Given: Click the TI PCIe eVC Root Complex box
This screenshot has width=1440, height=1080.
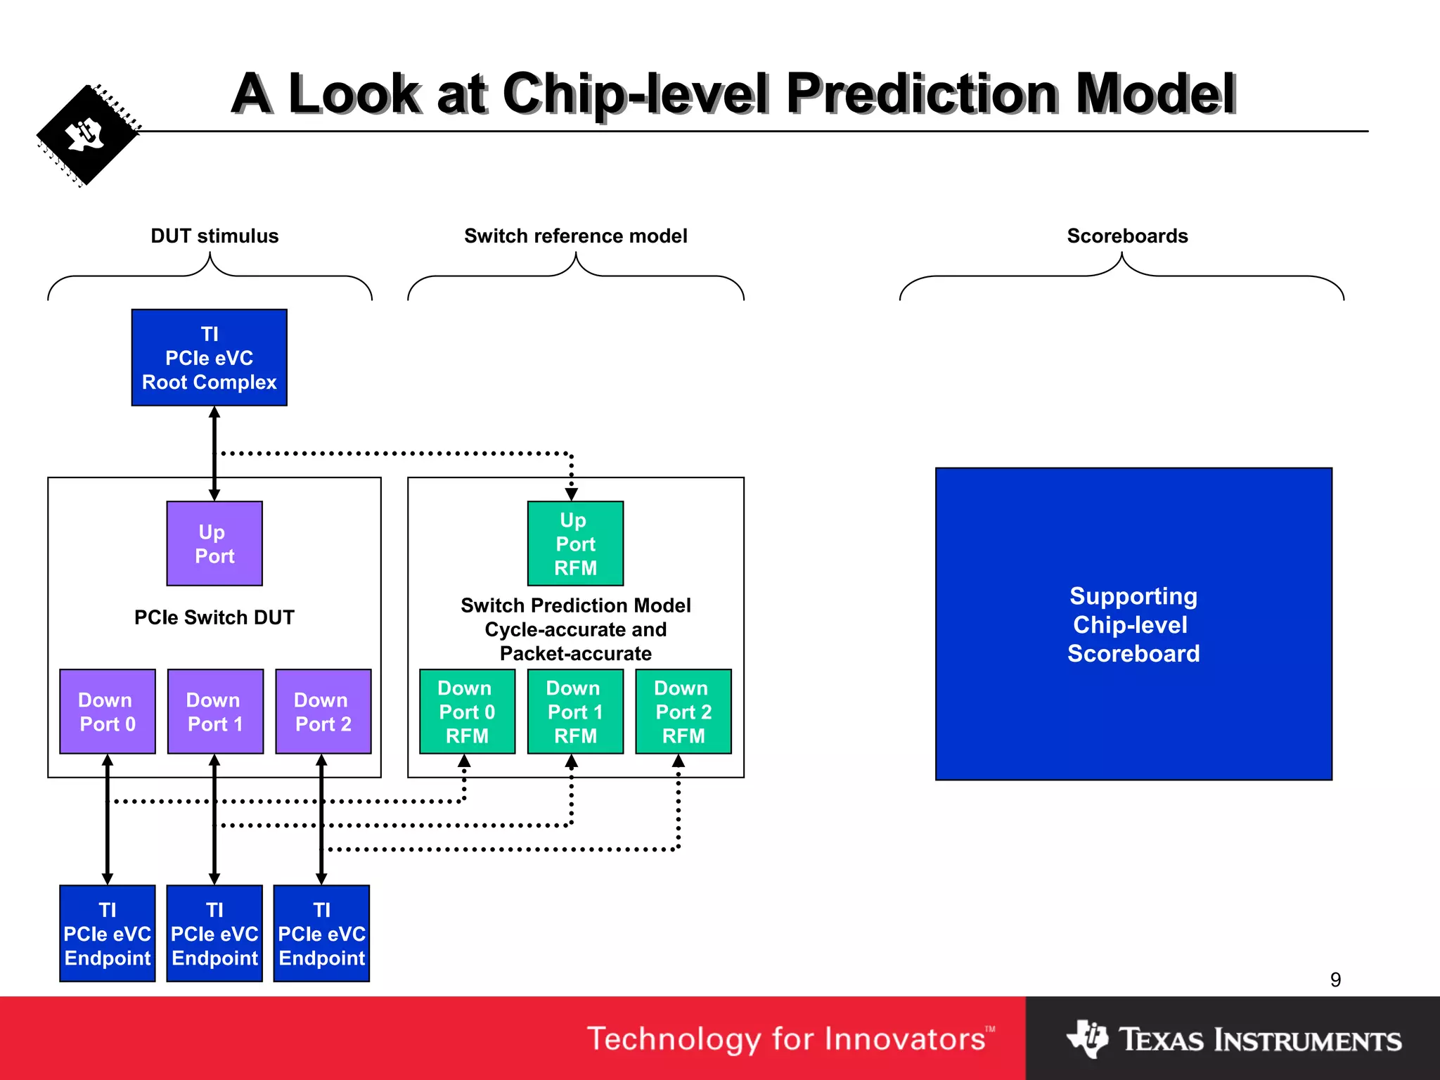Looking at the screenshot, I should pyautogui.click(x=209, y=357).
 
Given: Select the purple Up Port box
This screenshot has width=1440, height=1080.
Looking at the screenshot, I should pyautogui.click(x=214, y=544).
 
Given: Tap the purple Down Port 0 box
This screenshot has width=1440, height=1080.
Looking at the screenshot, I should pyautogui.click(x=108, y=712).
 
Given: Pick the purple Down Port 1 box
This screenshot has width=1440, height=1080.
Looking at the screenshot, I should pyautogui.click(x=215, y=712).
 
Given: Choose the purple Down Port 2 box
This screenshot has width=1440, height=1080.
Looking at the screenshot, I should pyautogui.click(x=323, y=712).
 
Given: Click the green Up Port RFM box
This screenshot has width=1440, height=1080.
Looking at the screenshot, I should pyautogui.click(x=575, y=544).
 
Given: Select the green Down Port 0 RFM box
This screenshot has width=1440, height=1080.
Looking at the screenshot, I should pyautogui.click(x=467, y=712).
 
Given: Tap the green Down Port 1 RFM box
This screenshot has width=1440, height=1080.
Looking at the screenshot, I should pyautogui.click(x=575, y=712).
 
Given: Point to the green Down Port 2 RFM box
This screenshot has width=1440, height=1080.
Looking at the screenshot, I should pyautogui.click(x=683, y=712).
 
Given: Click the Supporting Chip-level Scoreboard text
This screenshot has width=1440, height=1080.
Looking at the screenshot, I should pyautogui.click(x=1133, y=624).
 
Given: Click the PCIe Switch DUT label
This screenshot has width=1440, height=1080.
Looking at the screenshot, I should pyautogui.click(x=214, y=617).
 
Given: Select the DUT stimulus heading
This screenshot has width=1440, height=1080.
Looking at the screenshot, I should pyautogui.click(x=214, y=236).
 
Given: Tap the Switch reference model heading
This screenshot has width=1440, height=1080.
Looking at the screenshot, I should pyautogui.click(x=575, y=236).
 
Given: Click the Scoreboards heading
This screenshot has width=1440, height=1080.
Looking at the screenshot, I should pyautogui.click(x=1127, y=236).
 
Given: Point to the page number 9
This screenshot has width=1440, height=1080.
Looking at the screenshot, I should pyautogui.click(x=1335, y=979).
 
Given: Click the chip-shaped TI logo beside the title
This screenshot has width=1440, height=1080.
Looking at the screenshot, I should pyautogui.click(x=87, y=135).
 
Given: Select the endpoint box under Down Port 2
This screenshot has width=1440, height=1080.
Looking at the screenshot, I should pyautogui.click(x=321, y=933).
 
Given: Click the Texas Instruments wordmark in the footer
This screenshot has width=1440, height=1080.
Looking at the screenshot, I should pyautogui.click(x=1259, y=1040).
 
